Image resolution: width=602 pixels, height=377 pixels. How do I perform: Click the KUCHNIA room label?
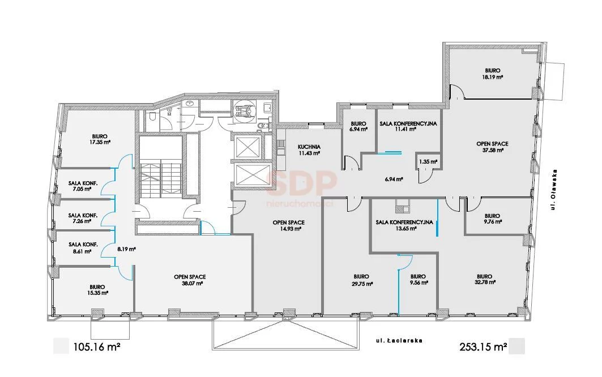(309, 147)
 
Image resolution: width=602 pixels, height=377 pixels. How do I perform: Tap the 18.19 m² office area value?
(493, 77)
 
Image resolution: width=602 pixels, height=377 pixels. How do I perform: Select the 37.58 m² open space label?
(493, 150)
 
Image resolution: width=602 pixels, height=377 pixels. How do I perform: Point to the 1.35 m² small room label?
(429, 162)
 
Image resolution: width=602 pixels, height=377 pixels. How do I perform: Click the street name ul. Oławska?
(553, 190)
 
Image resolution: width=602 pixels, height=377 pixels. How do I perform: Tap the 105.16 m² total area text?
(97, 348)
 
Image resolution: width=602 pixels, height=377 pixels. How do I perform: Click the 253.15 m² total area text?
(484, 347)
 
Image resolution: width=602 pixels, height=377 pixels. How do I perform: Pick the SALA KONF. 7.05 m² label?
(83, 186)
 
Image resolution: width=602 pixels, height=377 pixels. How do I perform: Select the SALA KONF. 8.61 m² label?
(83, 248)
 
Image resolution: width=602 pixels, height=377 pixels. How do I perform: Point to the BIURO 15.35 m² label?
(97, 289)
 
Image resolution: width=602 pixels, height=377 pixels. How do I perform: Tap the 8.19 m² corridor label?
(126, 249)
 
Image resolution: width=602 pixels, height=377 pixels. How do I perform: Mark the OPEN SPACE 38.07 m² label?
(190, 280)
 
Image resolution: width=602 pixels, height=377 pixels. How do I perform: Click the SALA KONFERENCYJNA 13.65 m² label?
(404, 225)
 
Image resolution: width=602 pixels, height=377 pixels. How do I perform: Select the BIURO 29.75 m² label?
(362, 280)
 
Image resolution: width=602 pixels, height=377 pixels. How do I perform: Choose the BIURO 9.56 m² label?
(418, 280)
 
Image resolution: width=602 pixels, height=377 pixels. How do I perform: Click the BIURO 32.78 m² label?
(485, 279)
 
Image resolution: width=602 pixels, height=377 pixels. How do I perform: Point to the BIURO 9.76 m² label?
(492, 219)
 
